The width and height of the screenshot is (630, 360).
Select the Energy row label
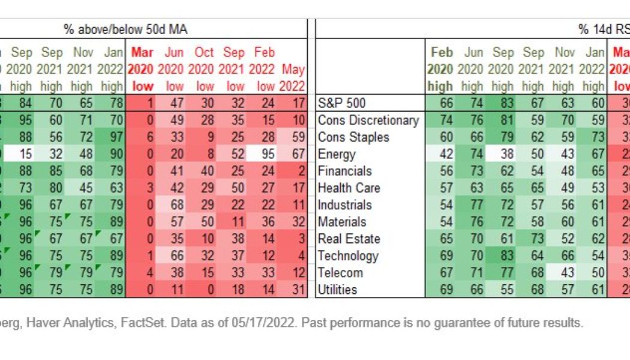click(x=337, y=154)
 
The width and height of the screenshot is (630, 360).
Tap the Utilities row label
click(x=338, y=290)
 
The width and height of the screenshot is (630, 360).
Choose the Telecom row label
click(x=340, y=272)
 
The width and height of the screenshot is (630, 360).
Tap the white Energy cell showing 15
click(x=26, y=154)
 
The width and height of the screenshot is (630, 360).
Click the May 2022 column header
click(x=293, y=77)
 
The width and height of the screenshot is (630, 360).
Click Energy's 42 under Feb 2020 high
click(x=446, y=154)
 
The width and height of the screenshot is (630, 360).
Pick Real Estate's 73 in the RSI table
click(x=533, y=239)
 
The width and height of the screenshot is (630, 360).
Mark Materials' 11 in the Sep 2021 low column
click(x=235, y=222)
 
